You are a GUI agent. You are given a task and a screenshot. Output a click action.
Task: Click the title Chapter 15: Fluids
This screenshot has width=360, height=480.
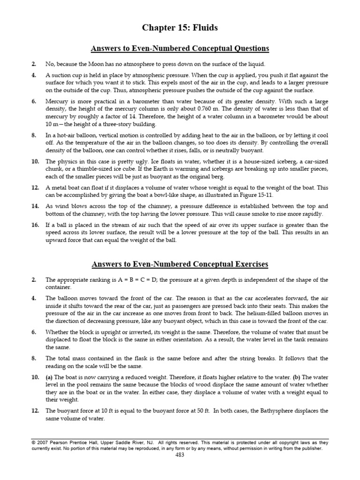click(x=180, y=29)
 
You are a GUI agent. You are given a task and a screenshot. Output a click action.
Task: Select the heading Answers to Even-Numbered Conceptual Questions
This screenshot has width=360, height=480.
click(x=180, y=48)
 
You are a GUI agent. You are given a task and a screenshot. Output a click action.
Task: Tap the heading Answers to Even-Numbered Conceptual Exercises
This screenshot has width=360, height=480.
click(x=180, y=264)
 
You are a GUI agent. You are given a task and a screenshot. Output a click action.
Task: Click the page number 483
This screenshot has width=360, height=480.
click(x=180, y=454)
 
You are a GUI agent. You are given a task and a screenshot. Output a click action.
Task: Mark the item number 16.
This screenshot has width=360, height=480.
click(x=35, y=225)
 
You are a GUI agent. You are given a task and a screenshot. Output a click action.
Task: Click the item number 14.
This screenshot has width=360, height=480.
click(x=35, y=206)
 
